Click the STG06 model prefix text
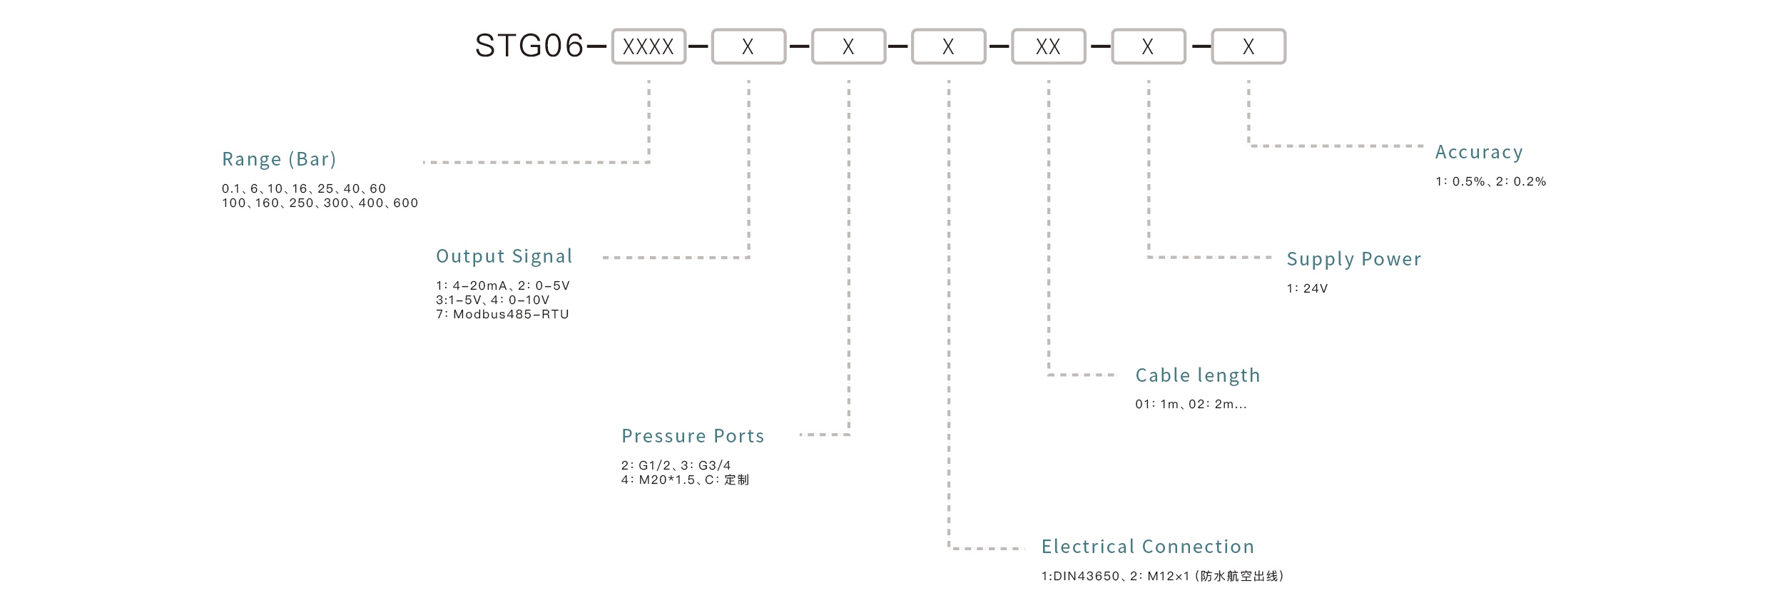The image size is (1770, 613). tap(529, 46)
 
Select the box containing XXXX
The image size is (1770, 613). tap(649, 47)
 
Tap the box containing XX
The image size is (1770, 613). tap(1048, 47)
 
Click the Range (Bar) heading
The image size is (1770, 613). tap(279, 159)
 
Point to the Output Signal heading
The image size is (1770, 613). tap(504, 256)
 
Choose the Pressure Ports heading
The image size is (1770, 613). tap(693, 436)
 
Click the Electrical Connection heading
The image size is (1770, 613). tap(1147, 547)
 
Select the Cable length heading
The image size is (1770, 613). tap(1198, 375)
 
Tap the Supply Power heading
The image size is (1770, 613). tap(1353, 259)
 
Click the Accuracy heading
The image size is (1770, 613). tap(1479, 152)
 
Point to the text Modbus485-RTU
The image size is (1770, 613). tap(511, 315)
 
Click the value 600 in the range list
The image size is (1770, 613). tap(405, 203)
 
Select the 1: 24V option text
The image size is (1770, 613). tap(1307, 289)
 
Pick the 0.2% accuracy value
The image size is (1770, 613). tap(1530, 182)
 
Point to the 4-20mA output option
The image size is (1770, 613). tap(479, 286)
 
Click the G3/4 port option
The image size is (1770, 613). tap(714, 465)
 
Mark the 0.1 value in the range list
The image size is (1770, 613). tap(230, 189)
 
